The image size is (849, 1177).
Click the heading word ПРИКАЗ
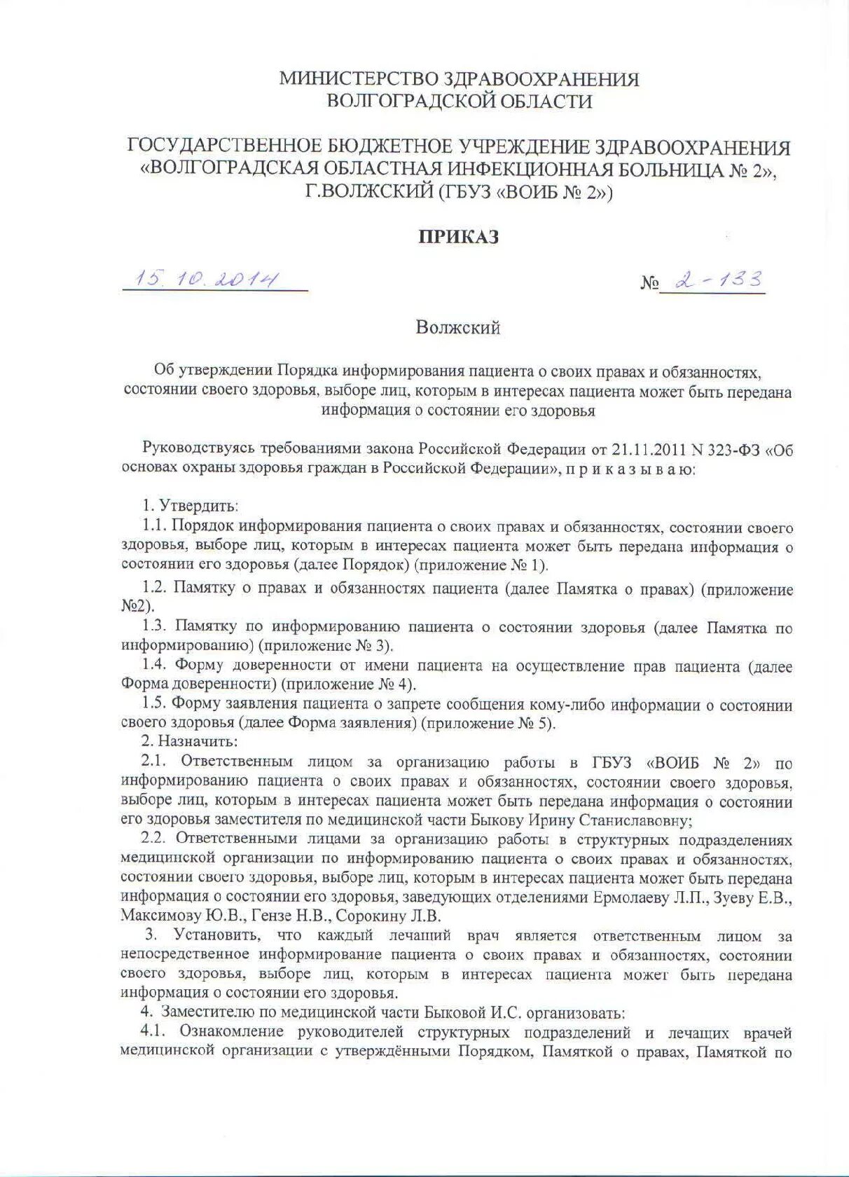tap(459, 237)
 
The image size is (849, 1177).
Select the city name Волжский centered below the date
tap(458, 328)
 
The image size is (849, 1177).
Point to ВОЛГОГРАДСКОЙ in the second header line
tap(401, 102)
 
